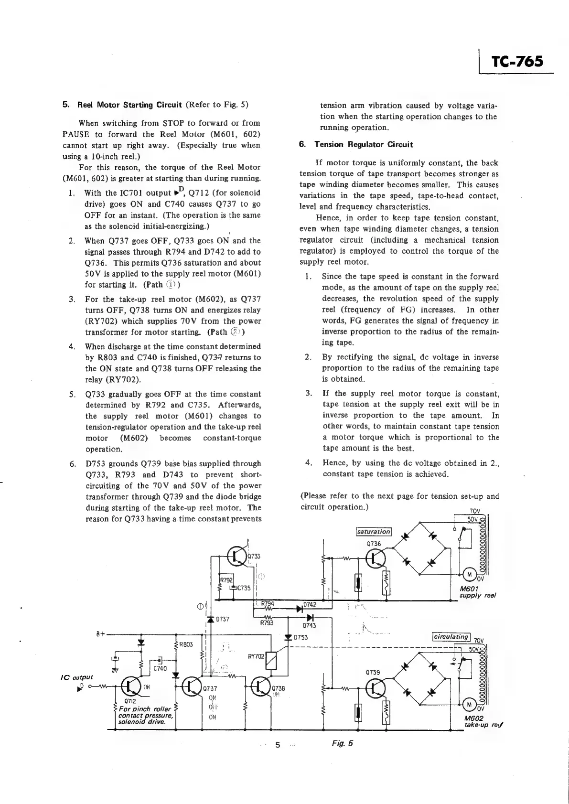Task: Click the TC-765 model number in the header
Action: (517, 62)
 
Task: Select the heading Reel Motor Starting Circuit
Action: (129, 105)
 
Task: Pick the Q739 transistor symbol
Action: (376, 688)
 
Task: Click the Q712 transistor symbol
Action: (131, 687)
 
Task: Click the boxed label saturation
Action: (374, 532)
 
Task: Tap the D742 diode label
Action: (310, 604)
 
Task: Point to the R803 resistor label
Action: (186, 644)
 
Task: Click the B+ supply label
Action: (100, 635)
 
